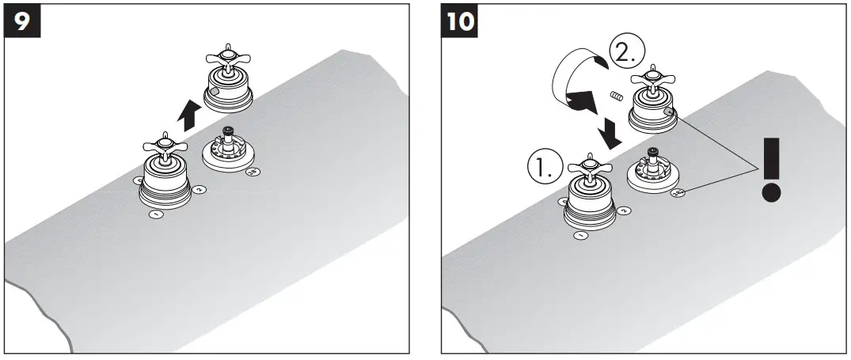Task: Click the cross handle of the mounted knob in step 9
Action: pyautogui.click(x=165, y=146)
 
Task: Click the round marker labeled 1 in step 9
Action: pyautogui.click(x=157, y=214)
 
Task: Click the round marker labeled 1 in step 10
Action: pyautogui.click(x=580, y=235)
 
